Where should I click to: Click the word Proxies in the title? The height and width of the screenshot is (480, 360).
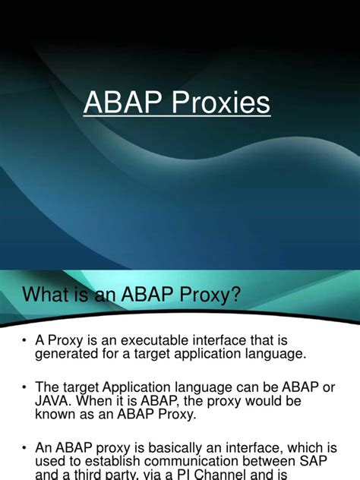point(221,103)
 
